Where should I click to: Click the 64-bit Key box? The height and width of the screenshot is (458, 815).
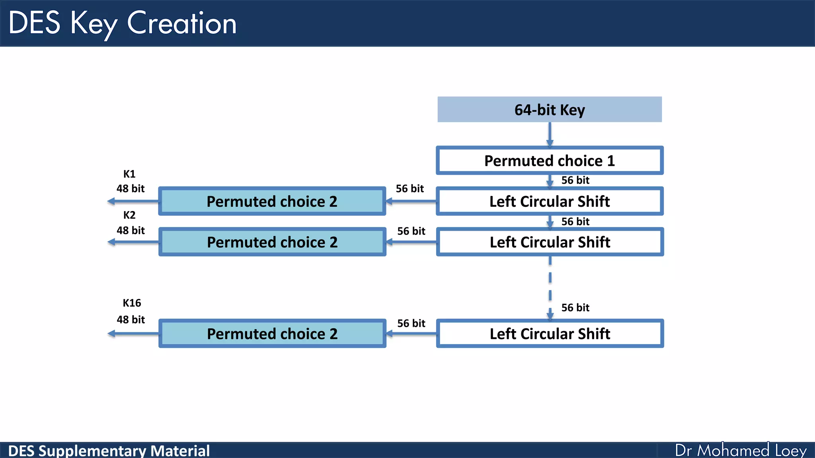[550, 109]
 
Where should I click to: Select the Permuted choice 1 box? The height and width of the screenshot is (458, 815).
[550, 161]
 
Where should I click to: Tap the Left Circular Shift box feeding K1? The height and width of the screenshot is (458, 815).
[550, 201]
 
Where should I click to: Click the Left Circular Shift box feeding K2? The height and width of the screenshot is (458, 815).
[550, 242]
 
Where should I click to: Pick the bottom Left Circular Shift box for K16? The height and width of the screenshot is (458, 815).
[550, 334]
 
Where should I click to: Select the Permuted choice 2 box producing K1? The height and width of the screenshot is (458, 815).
[272, 201]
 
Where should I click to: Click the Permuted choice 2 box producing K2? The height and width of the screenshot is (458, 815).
[272, 242]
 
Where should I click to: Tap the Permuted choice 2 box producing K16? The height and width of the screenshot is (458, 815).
[272, 334]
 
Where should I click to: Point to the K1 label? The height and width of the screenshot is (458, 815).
[129, 174]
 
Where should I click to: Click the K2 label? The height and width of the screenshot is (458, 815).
[129, 215]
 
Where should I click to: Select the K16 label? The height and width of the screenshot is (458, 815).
[132, 303]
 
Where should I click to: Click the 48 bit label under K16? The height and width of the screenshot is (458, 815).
[131, 320]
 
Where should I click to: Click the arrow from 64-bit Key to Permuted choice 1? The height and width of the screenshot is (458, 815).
[550, 134]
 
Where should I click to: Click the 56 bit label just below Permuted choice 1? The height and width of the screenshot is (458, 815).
[575, 180]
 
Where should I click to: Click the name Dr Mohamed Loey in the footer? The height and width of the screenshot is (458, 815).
[741, 450]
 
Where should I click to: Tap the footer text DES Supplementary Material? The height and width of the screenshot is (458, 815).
[109, 451]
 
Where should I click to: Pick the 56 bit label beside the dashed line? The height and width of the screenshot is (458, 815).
[575, 307]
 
